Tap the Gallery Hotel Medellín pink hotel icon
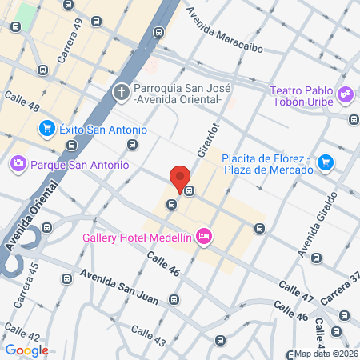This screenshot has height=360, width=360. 204,236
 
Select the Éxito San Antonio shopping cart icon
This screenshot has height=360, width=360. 46,129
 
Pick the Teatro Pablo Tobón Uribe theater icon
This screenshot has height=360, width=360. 346,94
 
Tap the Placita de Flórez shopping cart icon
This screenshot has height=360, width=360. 325,162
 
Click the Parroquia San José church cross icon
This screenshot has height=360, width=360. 122,92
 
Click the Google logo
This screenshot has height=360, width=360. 26,350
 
